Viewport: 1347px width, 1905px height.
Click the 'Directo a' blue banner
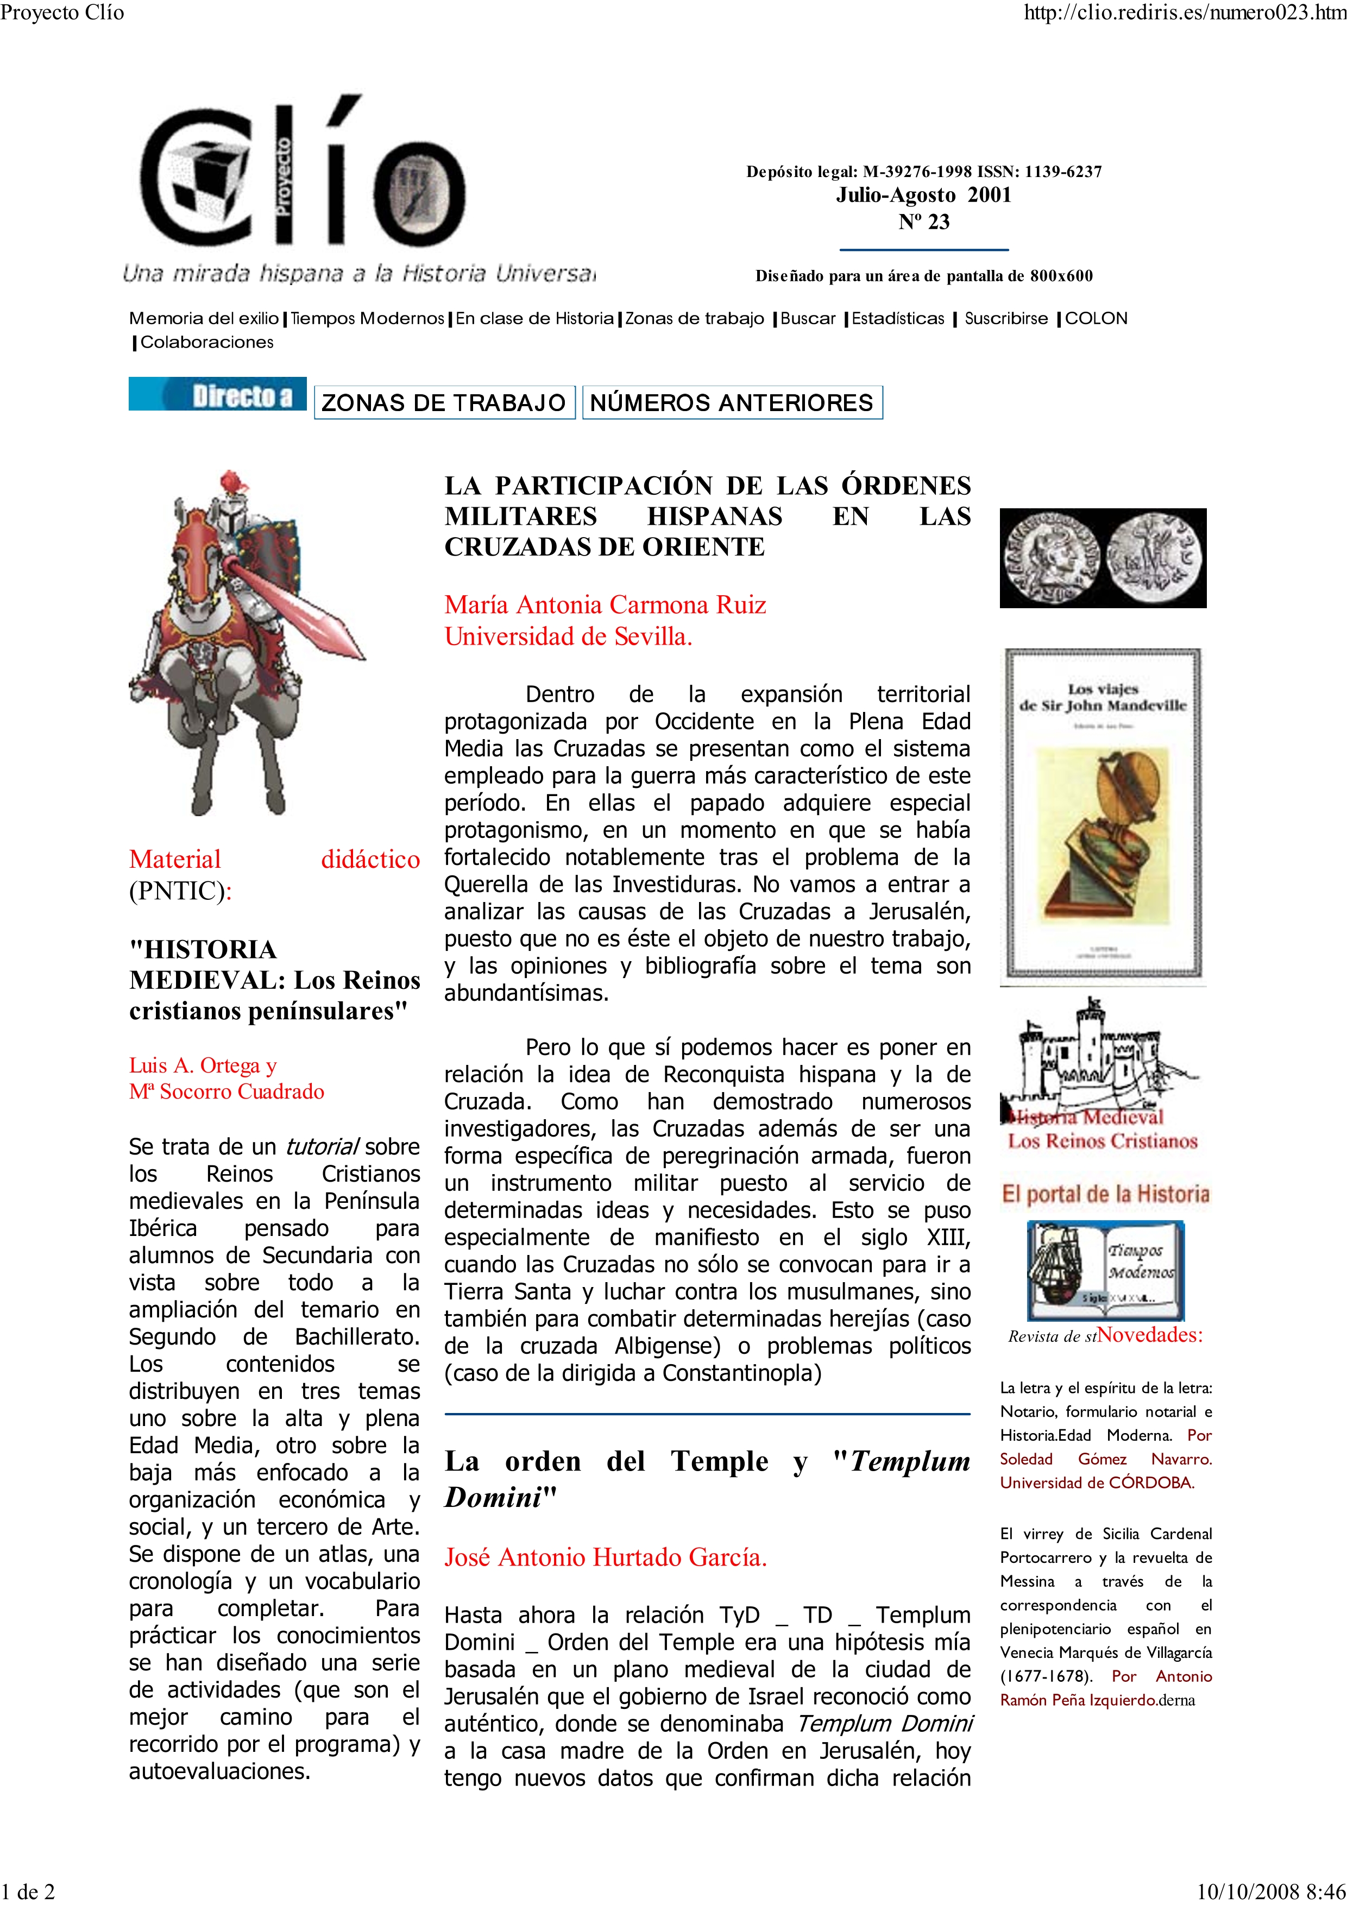coord(217,395)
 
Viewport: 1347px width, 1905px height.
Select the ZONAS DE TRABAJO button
coord(444,403)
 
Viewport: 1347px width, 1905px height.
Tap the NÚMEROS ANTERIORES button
coord(732,403)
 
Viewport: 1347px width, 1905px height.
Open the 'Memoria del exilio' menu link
coord(203,319)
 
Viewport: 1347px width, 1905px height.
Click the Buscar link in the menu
coord(808,319)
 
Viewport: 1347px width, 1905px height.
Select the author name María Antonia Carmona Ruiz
coord(605,605)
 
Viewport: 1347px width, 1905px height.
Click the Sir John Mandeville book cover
coord(1103,813)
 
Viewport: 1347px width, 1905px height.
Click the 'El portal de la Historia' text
coord(1105,1194)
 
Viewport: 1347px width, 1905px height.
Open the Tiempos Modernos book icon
coord(1105,1270)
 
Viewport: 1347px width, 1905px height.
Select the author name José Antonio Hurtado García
coord(605,1557)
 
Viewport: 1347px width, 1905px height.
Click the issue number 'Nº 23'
coord(924,222)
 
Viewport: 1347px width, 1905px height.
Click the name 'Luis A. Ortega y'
coord(203,1065)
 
